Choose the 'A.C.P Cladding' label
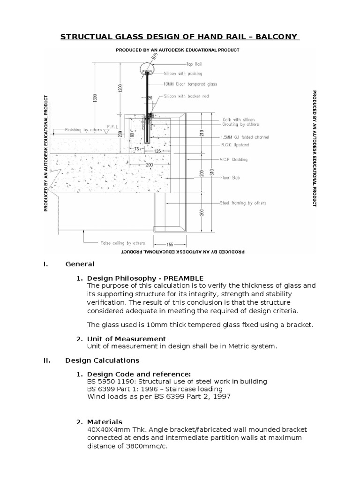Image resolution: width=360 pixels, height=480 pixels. click(x=234, y=159)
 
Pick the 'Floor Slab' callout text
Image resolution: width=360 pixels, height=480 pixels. click(x=231, y=178)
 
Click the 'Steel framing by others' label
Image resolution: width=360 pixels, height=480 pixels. click(x=243, y=203)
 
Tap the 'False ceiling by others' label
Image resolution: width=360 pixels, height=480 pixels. click(x=123, y=243)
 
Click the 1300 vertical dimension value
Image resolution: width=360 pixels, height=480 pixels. click(x=95, y=98)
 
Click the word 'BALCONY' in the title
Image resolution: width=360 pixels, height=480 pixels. click(x=279, y=37)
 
